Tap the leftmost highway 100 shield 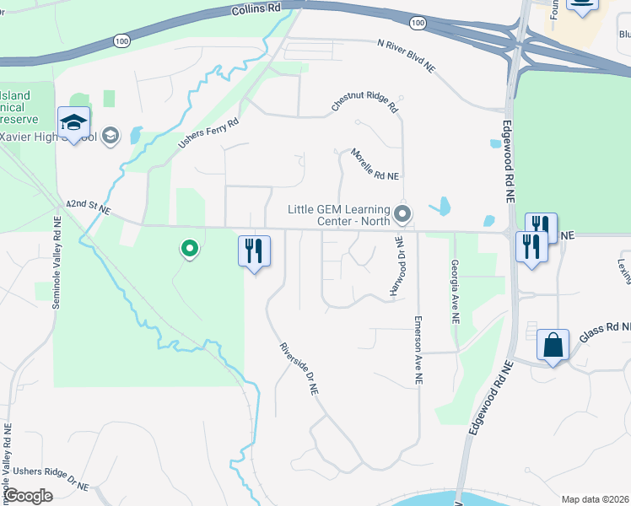(121, 40)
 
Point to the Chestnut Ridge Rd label (364, 104)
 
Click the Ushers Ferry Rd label (208, 133)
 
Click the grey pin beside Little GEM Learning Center (402, 214)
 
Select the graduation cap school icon (74, 123)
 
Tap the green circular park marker (190, 249)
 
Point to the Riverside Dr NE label (299, 369)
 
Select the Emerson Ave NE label (418, 351)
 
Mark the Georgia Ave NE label (455, 291)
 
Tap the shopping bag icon (553, 345)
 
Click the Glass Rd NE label (604, 331)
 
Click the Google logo (28, 496)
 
